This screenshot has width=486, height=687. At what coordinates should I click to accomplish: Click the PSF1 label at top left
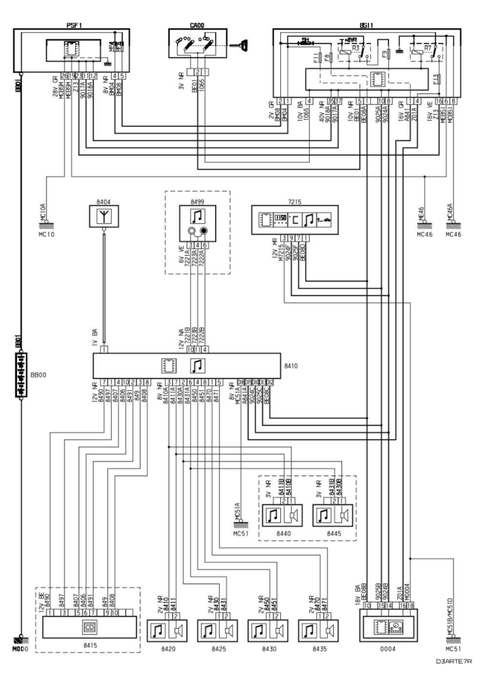click(x=74, y=25)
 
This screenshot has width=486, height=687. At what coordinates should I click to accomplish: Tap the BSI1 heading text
click(x=366, y=25)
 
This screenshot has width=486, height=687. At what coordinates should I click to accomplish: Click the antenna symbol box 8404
click(x=104, y=217)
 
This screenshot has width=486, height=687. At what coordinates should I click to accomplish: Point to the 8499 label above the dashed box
click(x=197, y=201)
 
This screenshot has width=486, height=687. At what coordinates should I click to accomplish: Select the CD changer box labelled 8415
click(x=89, y=627)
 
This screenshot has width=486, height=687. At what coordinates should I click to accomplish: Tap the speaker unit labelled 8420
click(x=167, y=630)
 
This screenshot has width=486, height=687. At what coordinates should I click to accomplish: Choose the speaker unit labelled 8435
click(x=318, y=630)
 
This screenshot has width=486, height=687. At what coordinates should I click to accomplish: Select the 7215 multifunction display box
click(x=294, y=220)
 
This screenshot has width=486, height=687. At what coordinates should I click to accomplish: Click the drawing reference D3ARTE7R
click(x=454, y=661)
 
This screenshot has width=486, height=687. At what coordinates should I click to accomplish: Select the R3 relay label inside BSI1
click(x=356, y=48)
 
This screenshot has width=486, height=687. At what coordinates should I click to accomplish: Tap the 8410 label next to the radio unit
click(x=291, y=365)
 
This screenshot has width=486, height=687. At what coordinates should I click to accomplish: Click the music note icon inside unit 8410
click(x=198, y=366)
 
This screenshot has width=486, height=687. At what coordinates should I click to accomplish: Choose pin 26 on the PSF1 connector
click(x=64, y=75)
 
